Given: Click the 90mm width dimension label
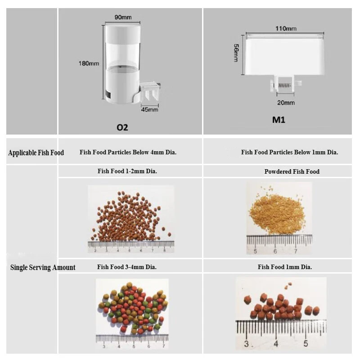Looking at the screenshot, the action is point(123,17).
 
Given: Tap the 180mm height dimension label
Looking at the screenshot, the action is point(89,63).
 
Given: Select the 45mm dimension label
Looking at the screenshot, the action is point(150,109).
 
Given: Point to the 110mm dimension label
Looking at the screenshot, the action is point(286,28).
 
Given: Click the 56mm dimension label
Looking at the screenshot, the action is point(236,53).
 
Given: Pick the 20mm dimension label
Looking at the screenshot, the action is point(286,103).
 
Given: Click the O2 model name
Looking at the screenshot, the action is point(122,127).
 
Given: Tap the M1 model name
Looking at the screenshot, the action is point(279,120).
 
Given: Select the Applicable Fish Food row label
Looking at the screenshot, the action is point(36,153).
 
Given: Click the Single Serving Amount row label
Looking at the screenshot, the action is point(43,267).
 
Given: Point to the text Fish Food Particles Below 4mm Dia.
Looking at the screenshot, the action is point(128,152).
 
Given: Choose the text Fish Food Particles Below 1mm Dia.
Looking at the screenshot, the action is point(289,152).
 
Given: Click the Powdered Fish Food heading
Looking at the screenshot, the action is point(292,171).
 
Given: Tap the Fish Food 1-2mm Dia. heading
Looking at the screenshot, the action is point(127,171).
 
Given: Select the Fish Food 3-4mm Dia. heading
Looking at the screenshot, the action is point(127,267).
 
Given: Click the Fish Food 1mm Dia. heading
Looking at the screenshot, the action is point(285,267).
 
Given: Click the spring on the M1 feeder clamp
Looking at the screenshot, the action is point(285,85).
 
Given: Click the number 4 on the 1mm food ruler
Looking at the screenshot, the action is point(276,344).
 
